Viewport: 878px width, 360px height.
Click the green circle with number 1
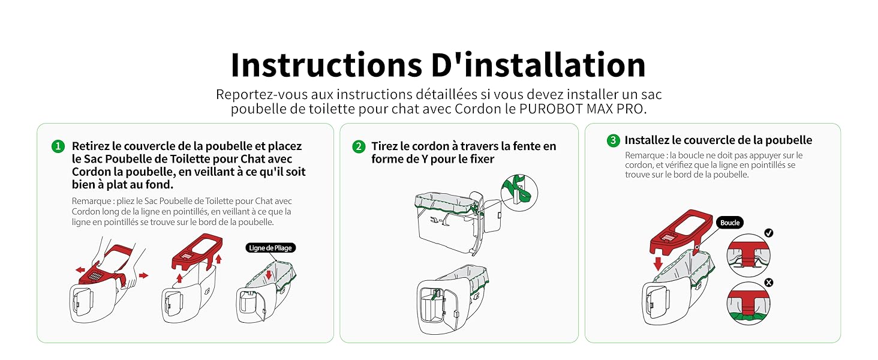tap(58, 146)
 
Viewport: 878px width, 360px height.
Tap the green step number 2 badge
tap(359, 146)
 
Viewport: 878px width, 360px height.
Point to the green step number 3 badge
tap(613, 140)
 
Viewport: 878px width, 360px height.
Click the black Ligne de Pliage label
tap(270, 248)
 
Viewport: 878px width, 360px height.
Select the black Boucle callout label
tap(730, 223)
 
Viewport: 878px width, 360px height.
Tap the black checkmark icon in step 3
tap(768, 233)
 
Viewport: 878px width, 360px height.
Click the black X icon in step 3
tap(768, 282)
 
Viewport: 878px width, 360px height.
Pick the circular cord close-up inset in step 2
tap(519, 192)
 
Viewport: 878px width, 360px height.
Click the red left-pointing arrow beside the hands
tap(80, 270)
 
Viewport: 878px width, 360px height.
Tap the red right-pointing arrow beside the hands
tap(143, 275)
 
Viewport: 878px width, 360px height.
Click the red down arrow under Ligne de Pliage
tap(269, 275)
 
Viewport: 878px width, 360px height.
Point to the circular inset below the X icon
tap(748, 304)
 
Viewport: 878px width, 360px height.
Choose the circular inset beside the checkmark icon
tap(748, 255)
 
